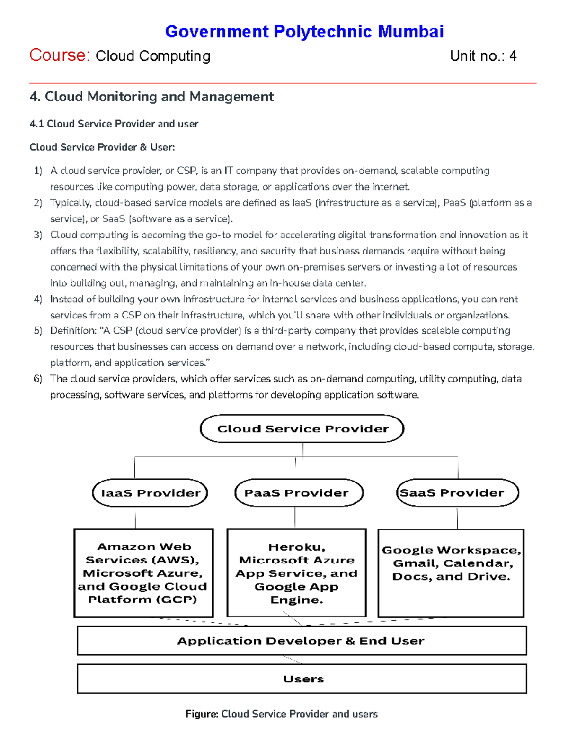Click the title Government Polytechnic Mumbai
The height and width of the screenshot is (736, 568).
(x=304, y=32)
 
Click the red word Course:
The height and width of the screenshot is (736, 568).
(x=59, y=55)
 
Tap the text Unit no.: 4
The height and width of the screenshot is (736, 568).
(x=483, y=56)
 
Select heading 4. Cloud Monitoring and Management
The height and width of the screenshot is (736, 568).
(x=151, y=97)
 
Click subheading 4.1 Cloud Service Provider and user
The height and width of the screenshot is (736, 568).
(x=114, y=124)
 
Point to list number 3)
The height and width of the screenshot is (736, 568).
(x=38, y=235)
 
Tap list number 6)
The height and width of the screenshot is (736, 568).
(x=38, y=379)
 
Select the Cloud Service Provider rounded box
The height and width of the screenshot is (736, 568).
(x=302, y=429)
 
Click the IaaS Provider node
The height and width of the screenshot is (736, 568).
(x=150, y=493)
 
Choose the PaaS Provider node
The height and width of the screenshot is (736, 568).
(x=298, y=493)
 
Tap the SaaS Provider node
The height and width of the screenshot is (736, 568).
(x=457, y=493)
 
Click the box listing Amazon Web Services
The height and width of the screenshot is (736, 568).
(x=143, y=573)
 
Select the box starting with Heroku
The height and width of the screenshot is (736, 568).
(x=296, y=573)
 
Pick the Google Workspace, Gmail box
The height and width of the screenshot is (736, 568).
(x=451, y=573)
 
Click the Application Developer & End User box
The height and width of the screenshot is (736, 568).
(x=302, y=641)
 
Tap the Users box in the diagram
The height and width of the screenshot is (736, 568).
(x=302, y=679)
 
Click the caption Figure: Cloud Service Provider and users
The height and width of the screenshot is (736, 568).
(x=282, y=714)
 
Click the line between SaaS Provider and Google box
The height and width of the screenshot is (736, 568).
(x=457, y=518)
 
